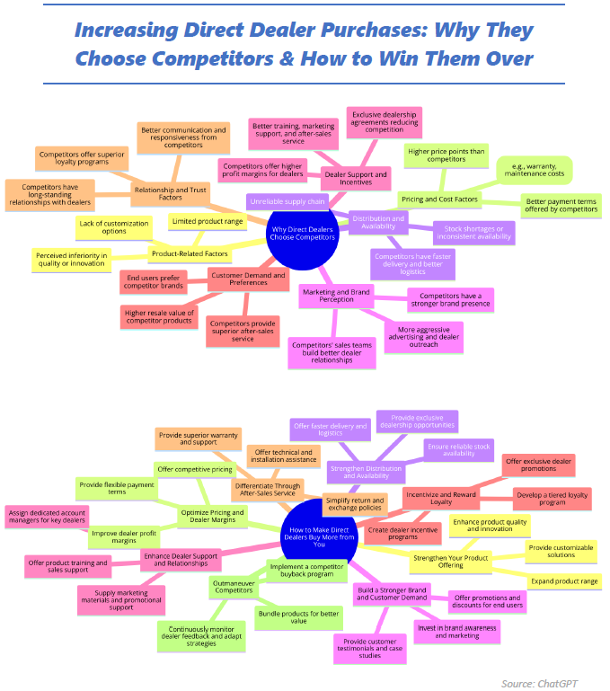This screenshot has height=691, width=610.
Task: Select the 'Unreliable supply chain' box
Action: point(287,201)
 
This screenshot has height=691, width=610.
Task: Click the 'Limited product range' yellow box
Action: point(208,221)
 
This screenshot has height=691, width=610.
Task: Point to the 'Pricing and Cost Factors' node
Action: point(440,199)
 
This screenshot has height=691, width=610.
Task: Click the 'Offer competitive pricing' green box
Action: point(195,469)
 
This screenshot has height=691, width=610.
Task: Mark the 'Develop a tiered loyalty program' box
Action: point(552,498)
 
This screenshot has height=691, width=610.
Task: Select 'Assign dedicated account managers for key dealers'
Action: point(47,516)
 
